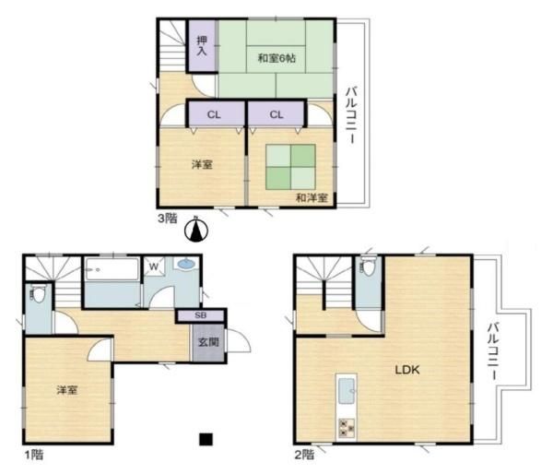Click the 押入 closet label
coord(203,45)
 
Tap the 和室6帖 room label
coord(276,58)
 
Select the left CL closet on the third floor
coord(214,114)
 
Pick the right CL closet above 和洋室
coord(276,114)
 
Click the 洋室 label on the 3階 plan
coord(203,164)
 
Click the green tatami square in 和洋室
coord(290,167)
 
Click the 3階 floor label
coord(167,218)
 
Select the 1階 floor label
coord(33,454)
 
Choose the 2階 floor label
coord(305,454)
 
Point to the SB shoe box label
coord(201,315)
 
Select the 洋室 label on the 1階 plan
coord(65,390)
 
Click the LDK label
coord(407,370)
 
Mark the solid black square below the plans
coord(206,440)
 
